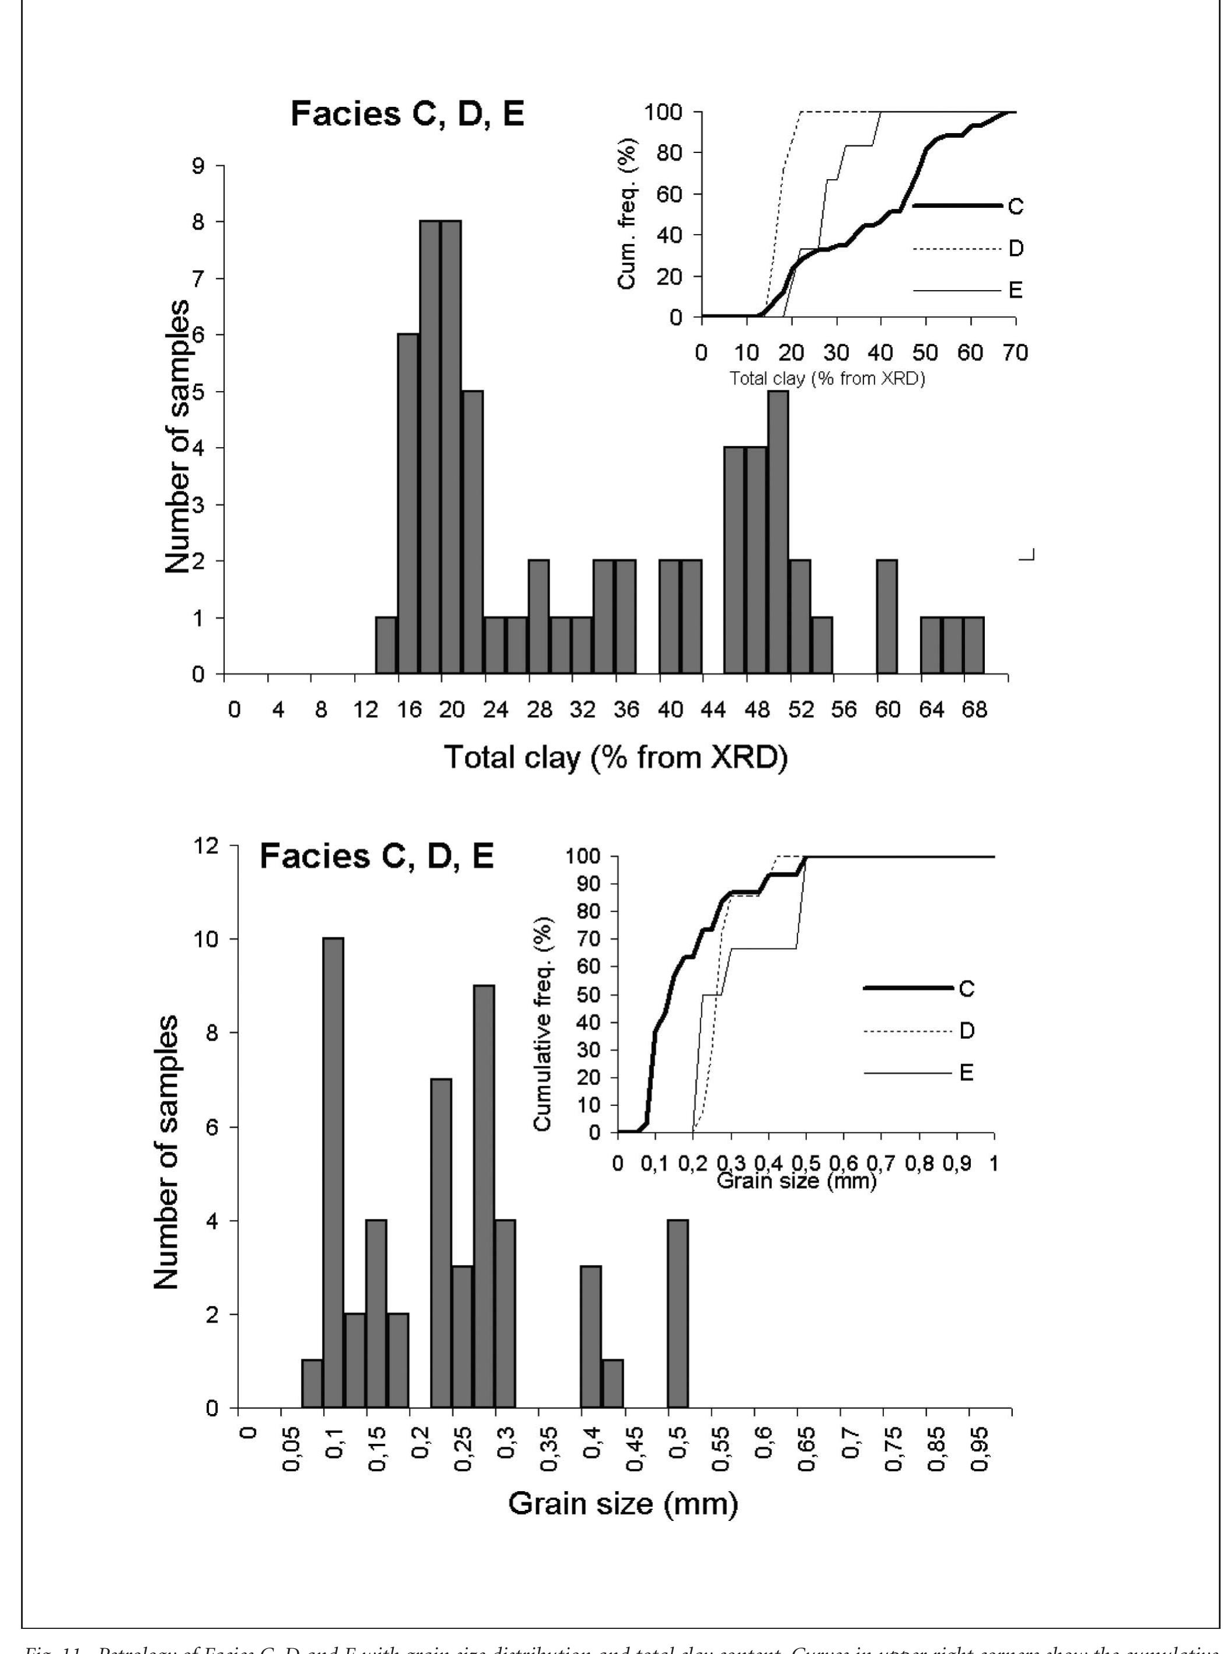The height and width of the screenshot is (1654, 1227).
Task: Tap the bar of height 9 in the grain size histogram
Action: click(484, 1196)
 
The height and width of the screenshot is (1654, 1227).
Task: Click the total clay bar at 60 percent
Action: click(887, 617)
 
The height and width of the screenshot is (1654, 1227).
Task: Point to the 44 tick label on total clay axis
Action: click(713, 710)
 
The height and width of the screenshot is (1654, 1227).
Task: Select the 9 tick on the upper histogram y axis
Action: click(198, 166)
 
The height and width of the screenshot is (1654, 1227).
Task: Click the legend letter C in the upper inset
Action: click(1016, 207)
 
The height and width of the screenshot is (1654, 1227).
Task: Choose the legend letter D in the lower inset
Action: click(967, 1031)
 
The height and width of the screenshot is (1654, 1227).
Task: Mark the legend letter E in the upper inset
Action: click(1016, 291)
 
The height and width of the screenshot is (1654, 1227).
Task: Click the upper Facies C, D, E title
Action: click(407, 115)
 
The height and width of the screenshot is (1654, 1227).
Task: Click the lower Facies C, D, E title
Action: click(376, 857)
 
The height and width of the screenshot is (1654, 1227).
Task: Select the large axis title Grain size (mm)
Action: click(623, 1503)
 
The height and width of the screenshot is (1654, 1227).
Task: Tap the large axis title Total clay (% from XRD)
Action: click(616, 757)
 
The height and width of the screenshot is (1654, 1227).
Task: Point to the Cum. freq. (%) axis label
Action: click(626, 214)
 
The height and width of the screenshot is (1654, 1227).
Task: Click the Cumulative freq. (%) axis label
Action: click(543, 1025)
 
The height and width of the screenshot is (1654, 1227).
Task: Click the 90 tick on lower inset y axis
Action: click(585, 884)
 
